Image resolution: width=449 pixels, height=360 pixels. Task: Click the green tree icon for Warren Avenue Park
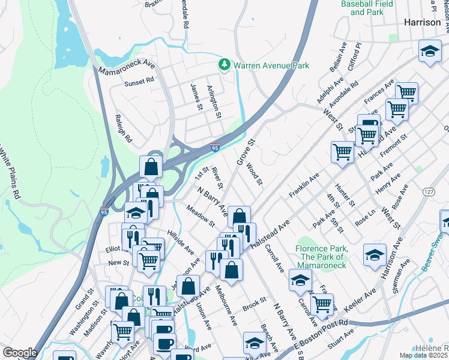click(x=224, y=64)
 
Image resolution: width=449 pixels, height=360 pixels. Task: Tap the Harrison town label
click(x=423, y=21)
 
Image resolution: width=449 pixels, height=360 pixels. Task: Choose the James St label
click(x=195, y=97)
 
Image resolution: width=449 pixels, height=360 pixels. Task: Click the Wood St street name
click(x=255, y=173)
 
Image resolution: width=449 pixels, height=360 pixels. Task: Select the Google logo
click(x=19, y=352)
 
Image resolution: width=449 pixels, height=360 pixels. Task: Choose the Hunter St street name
click(x=346, y=196)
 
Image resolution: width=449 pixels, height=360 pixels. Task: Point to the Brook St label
click(x=254, y=304)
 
